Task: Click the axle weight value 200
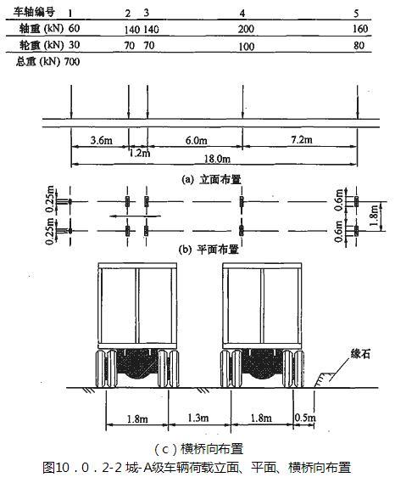point(246,29)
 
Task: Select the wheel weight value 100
point(247,47)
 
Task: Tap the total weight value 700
point(72,62)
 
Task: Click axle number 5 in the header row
point(356,14)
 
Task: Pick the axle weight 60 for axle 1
point(74,28)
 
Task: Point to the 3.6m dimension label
point(102,140)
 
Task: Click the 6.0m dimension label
point(197,140)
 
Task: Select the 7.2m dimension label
point(302,139)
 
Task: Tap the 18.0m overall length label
point(217,159)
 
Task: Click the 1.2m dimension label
point(140,153)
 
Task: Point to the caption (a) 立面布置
point(211,179)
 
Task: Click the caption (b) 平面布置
point(209,250)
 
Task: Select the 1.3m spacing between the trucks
point(198,418)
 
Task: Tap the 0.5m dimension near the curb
point(305,418)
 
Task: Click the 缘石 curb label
point(360,354)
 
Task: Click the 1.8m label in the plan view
point(374,216)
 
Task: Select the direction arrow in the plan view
point(135,216)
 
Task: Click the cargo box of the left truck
point(137,306)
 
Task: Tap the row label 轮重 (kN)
point(42,45)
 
